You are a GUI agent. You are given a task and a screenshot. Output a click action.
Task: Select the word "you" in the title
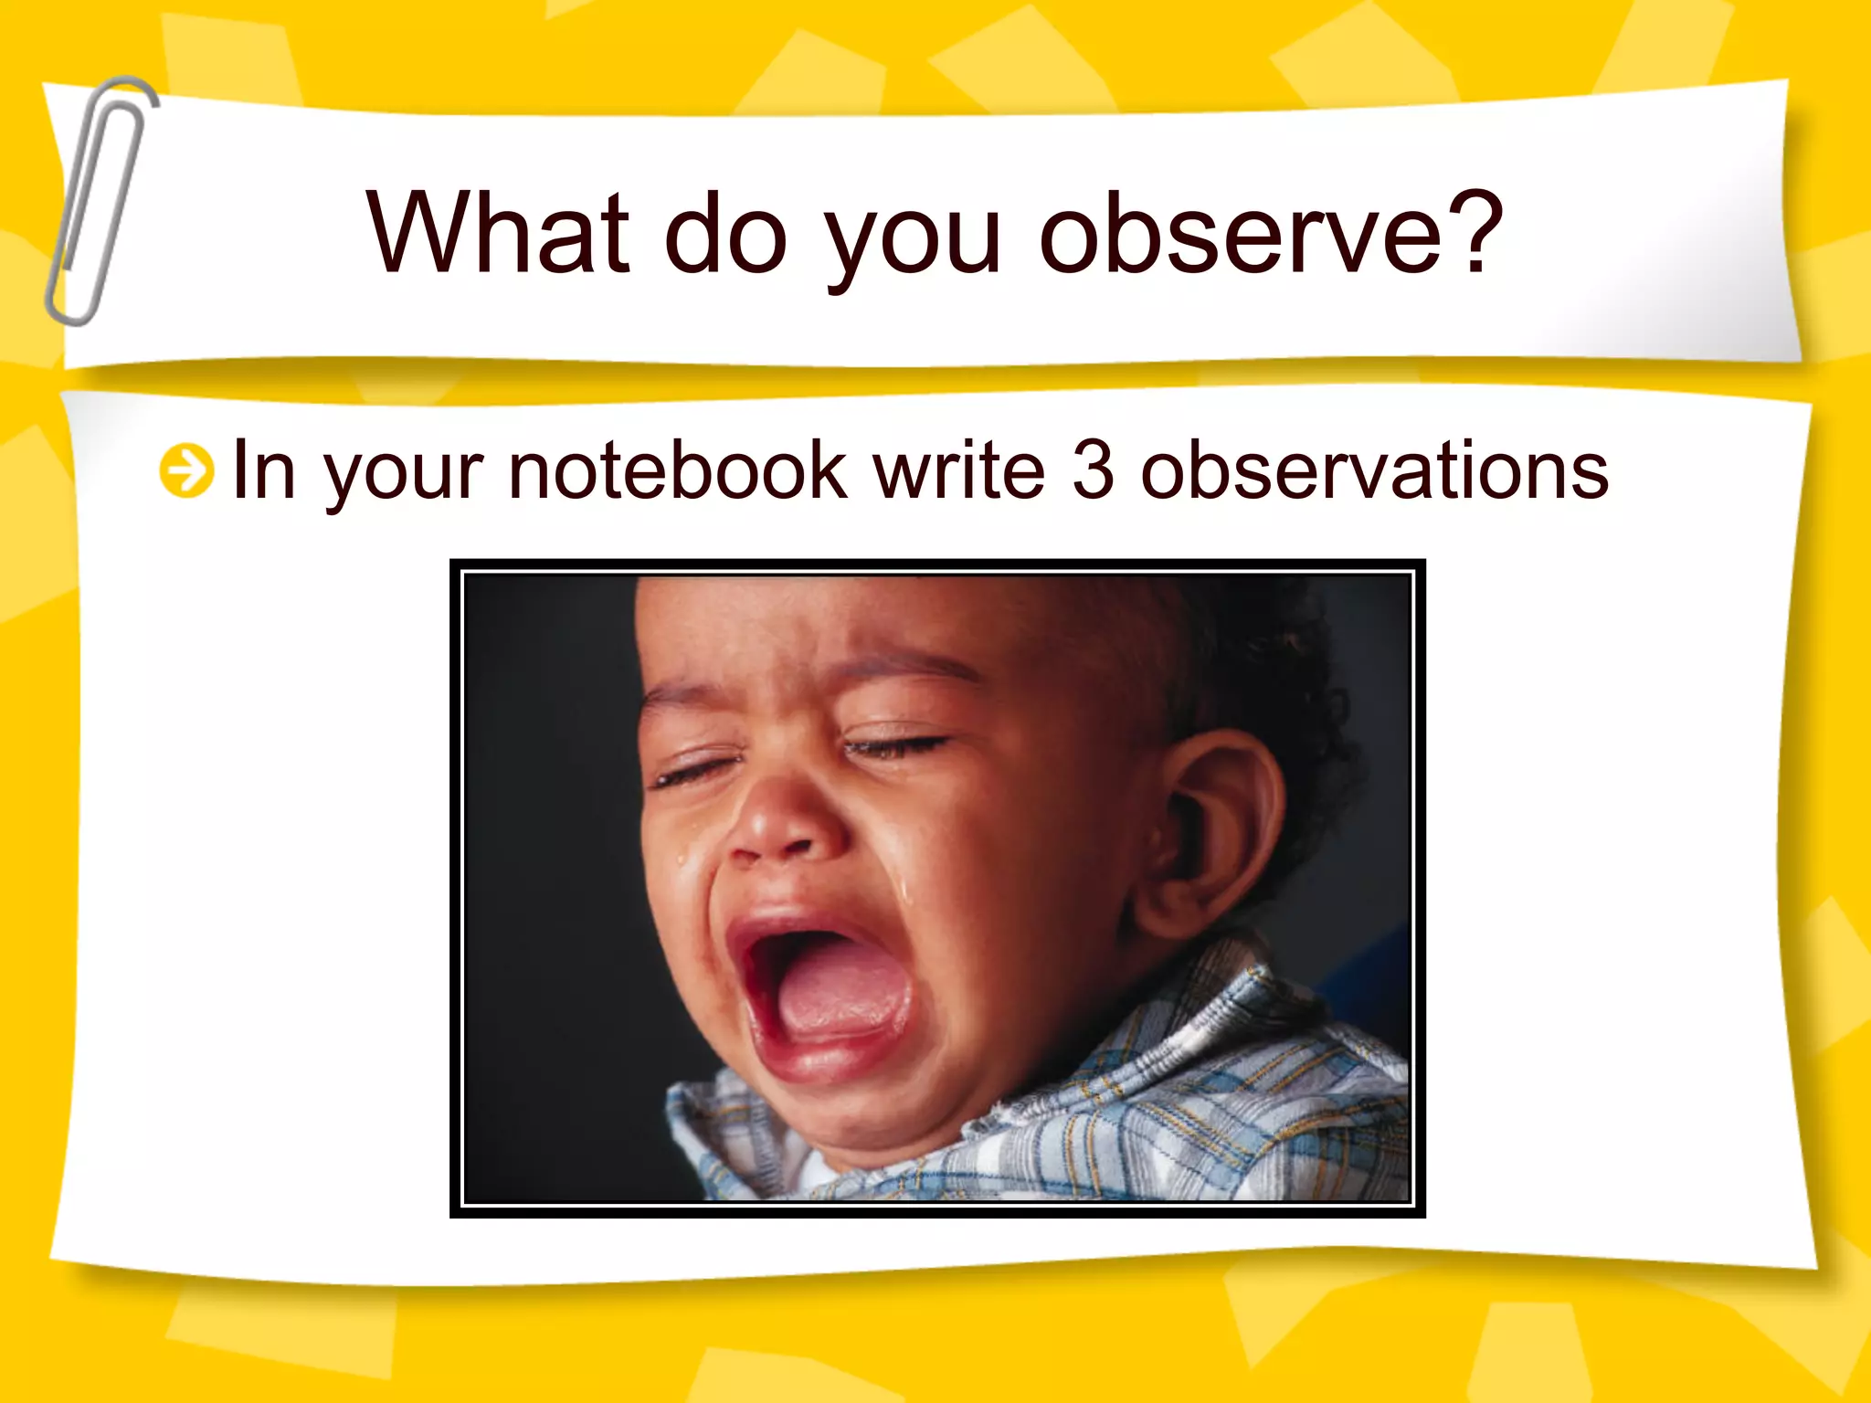[914, 239]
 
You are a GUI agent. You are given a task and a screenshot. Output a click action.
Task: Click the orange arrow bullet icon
[186, 471]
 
